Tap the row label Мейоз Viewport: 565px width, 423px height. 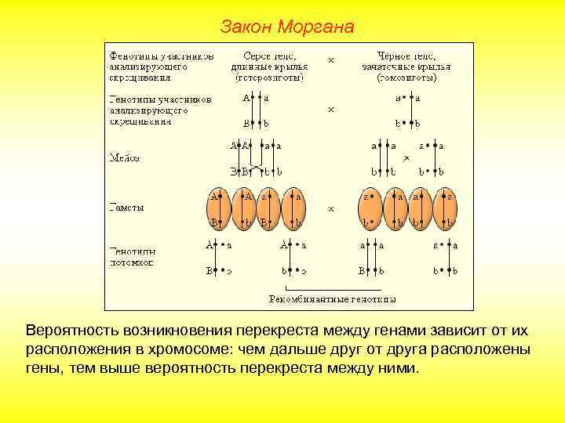(124, 157)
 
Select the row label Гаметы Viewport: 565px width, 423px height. (126, 208)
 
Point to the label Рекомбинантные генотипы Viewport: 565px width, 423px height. (333, 298)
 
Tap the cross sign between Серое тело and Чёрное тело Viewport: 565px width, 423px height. (331, 60)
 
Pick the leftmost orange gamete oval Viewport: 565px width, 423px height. (219, 208)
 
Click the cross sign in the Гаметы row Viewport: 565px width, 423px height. (331, 209)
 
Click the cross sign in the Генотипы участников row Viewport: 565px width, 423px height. (331, 110)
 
